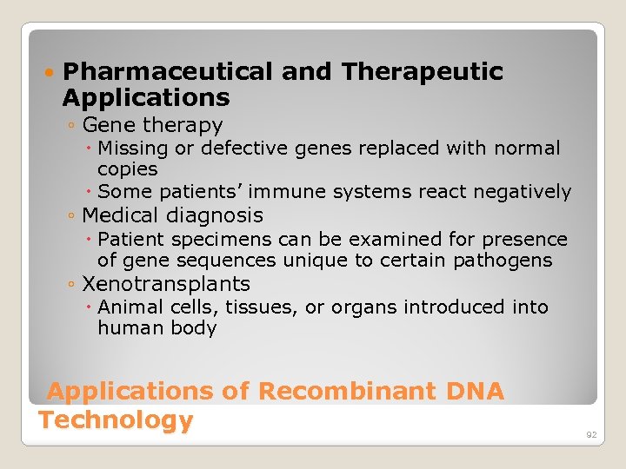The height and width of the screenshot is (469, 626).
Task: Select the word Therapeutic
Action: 423,72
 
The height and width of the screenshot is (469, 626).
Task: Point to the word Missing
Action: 133,149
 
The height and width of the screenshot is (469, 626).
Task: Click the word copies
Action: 128,169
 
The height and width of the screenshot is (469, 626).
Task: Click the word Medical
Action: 117,215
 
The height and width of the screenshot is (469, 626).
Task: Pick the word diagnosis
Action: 210,216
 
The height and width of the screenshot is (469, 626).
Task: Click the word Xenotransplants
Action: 166,284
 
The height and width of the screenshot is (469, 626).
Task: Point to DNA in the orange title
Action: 476,392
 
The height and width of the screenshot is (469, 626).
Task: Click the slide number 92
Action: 591,434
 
